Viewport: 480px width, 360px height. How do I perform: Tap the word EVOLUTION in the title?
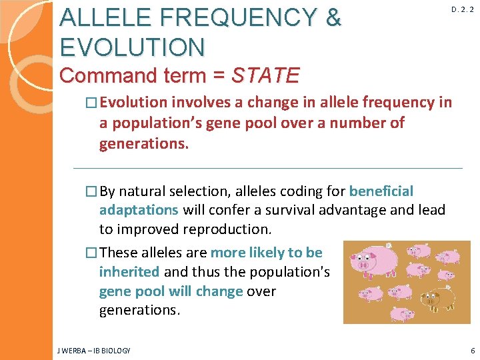pyautogui.click(x=132, y=47)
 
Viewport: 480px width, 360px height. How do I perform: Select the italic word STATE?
pyautogui.click(x=265, y=75)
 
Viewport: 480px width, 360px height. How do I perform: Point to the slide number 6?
pyautogui.click(x=472, y=351)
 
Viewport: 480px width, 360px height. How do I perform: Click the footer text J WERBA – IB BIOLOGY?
pyautogui.click(x=94, y=351)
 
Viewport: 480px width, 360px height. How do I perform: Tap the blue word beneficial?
pyautogui.click(x=381, y=192)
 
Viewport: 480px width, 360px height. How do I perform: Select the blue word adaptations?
pyautogui.click(x=138, y=210)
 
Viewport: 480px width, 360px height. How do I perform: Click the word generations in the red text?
pyautogui.click(x=144, y=144)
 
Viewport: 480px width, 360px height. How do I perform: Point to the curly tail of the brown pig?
pyautogui.click(x=455, y=293)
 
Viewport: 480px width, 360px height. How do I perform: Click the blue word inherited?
pyautogui.click(x=129, y=271)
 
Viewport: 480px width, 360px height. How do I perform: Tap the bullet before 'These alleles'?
pyautogui.click(x=92, y=253)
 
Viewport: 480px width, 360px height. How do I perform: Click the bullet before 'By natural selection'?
pyautogui.click(x=92, y=192)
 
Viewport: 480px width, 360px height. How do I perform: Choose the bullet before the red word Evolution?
pyautogui.click(x=92, y=103)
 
